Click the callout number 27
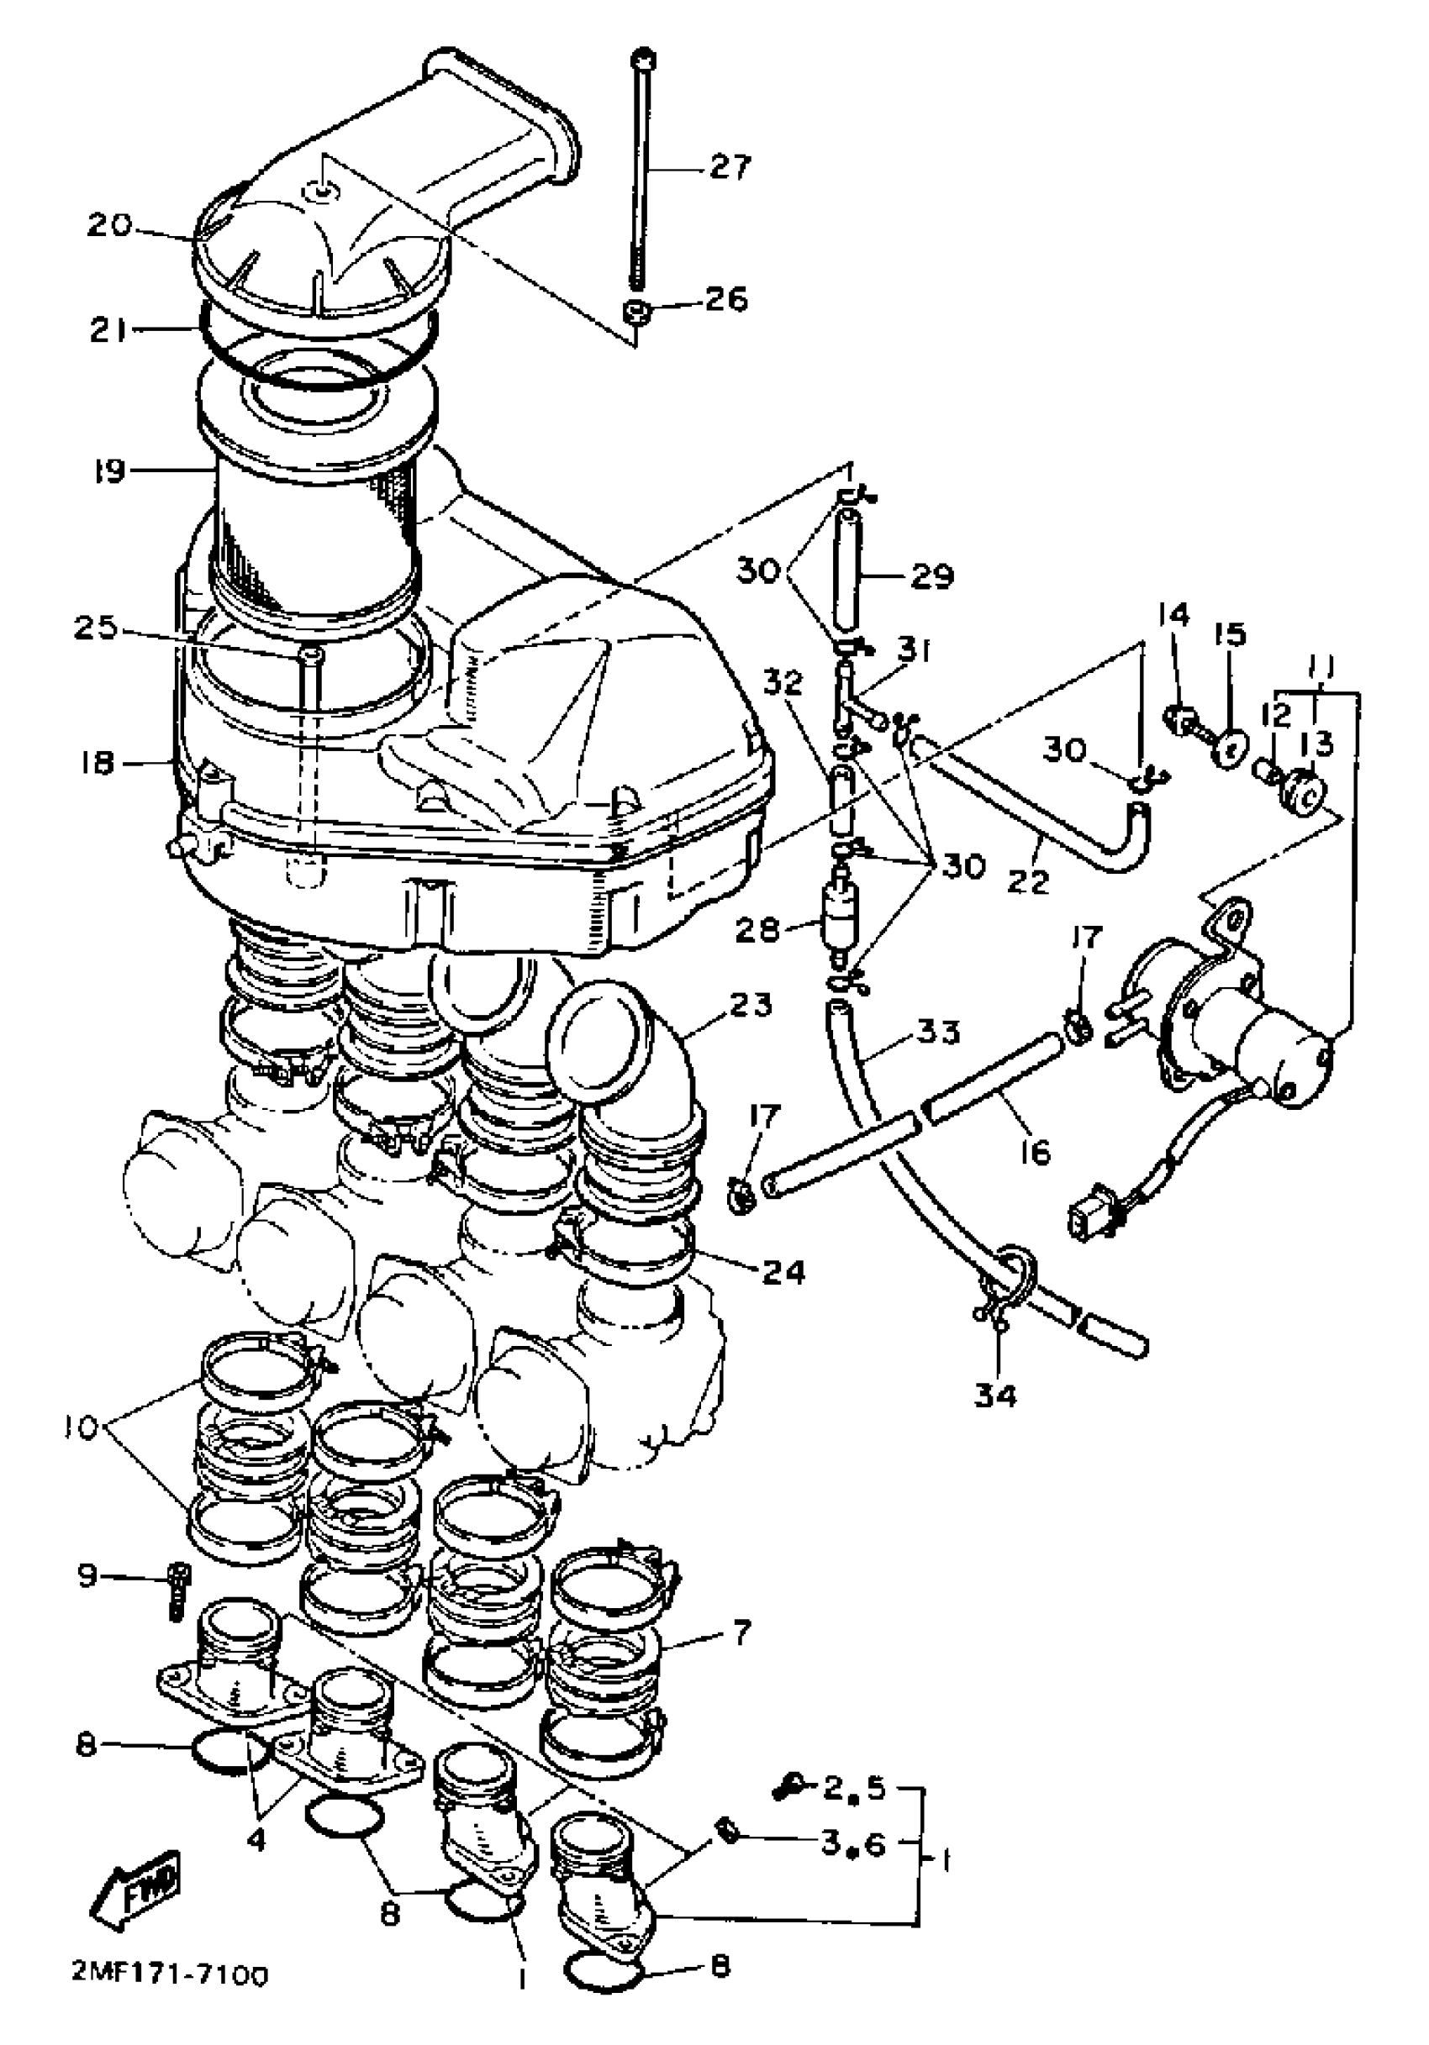pyautogui.click(x=730, y=166)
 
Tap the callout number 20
pyautogui.click(x=108, y=225)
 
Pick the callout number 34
pyautogui.click(x=994, y=1395)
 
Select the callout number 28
pyautogui.click(x=757, y=931)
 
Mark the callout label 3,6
pyautogui.click(x=853, y=1844)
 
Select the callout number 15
pyautogui.click(x=1229, y=634)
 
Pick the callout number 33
pyautogui.click(x=939, y=1033)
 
